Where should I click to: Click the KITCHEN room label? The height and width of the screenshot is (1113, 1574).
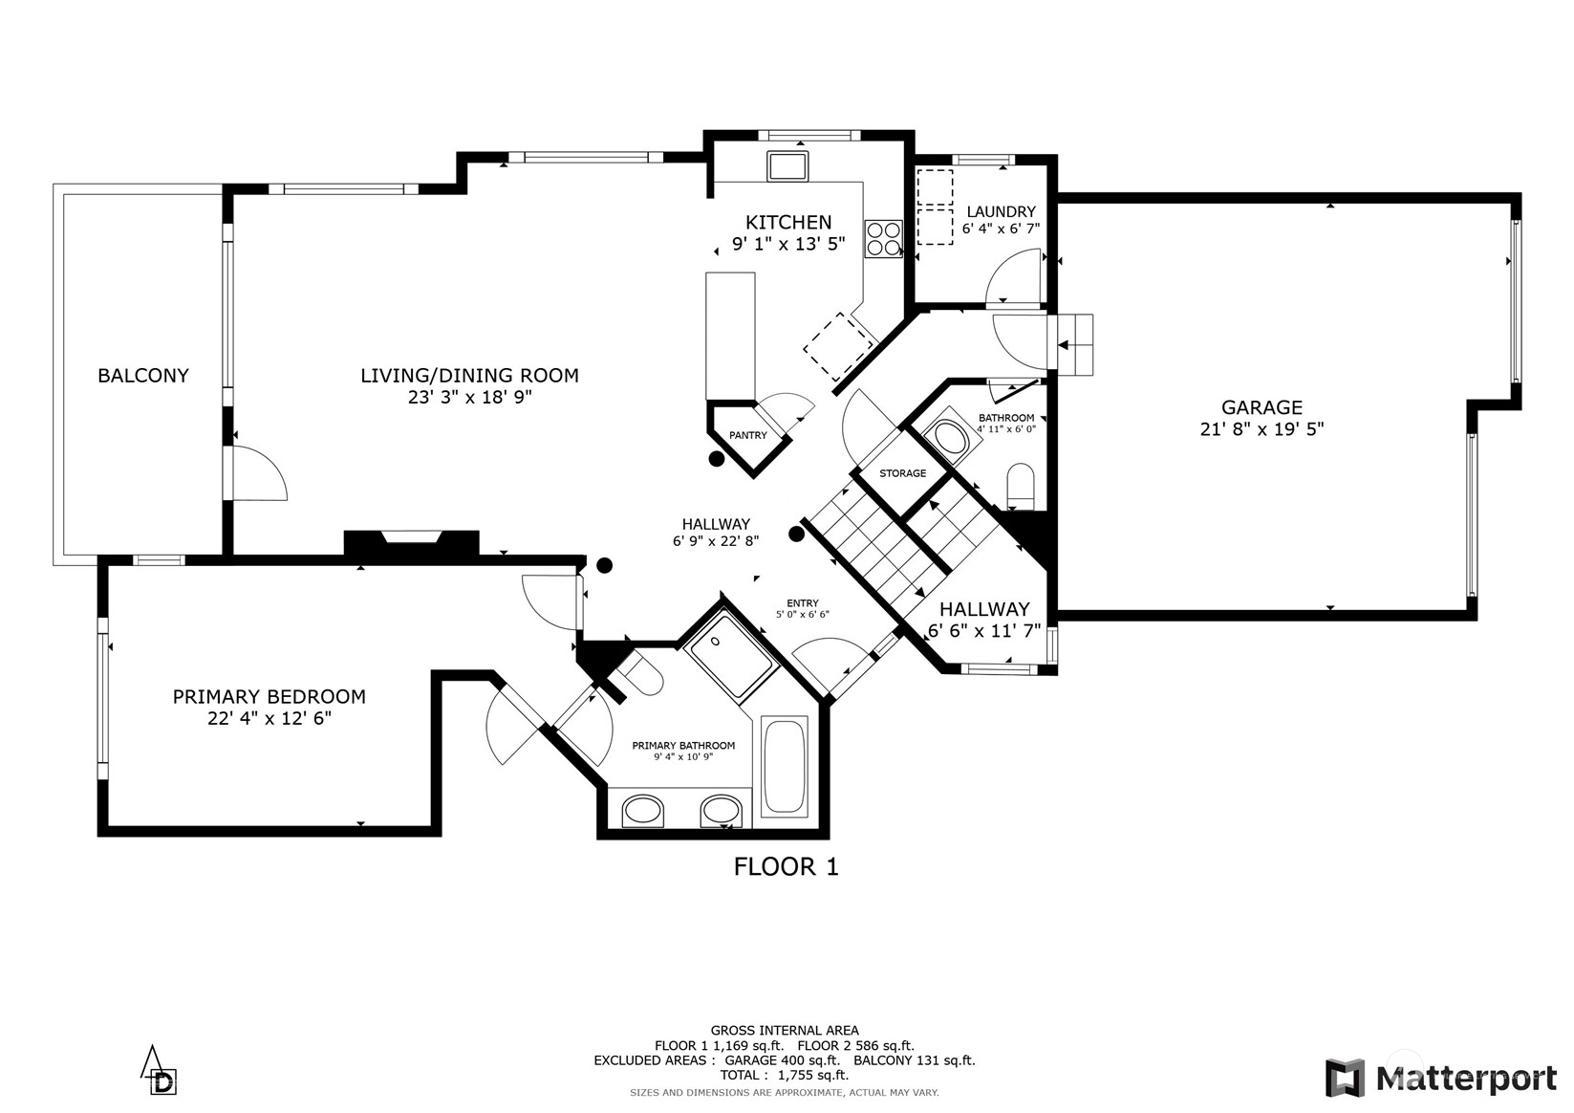[x=788, y=222]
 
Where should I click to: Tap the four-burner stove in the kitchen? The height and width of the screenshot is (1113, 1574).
[x=883, y=238]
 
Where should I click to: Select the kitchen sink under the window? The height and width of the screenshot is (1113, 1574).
[x=787, y=166]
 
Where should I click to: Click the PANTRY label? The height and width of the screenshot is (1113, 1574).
[x=747, y=436]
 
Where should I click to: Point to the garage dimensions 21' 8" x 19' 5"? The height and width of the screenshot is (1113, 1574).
[x=1261, y=430]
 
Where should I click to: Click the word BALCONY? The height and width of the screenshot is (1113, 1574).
[x=143, y=376]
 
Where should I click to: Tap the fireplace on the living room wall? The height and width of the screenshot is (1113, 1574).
[x=411, y=542]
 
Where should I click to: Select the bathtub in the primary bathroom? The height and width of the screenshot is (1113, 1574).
[x=785, y=765]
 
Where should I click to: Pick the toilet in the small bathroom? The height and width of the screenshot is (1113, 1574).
[x=1021, y=486]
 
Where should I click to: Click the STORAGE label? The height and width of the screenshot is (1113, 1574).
[x=902, y=473]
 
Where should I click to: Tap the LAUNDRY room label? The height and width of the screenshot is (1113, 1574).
[x=1001, y=211]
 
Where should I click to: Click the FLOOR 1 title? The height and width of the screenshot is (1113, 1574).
[x=786, y=867]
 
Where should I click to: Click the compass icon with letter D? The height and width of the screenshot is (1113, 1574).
[x=160, y=1071]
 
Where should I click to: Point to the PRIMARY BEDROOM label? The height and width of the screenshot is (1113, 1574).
[x=269, y=697]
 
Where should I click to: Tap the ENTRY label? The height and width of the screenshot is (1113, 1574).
[x=802, y=603]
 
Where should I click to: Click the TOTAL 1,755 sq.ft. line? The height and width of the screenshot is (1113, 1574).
[x=784, y=1075]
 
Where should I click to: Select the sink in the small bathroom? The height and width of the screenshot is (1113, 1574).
[x=950, y=439]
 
